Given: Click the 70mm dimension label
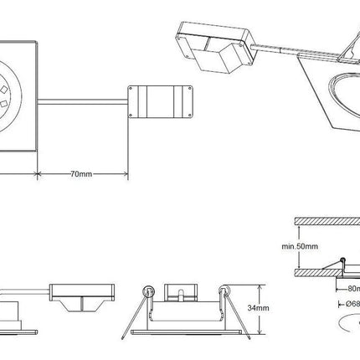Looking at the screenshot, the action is [x=81, y=174].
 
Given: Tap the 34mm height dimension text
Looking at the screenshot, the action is [x=258, y=308].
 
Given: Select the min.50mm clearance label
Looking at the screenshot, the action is [x=300, y=246].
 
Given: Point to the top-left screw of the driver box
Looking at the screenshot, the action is [x=131, y=89].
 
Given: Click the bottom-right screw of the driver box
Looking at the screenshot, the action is [x=190, y=115].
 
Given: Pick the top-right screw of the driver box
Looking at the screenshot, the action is [x=190, y=89].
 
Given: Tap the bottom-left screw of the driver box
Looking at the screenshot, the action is [x=131, y=115].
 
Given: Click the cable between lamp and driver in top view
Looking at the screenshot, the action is [x=83, y=102].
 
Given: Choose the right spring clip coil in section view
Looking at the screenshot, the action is [x=224, y=291].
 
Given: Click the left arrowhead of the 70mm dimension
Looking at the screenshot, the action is [x=39, y=174].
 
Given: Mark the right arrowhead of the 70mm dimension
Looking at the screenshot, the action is [x=126, y=174].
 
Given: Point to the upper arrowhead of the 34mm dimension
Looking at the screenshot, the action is [x=260, y=287].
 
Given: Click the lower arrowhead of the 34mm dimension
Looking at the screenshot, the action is [x=260, y=332].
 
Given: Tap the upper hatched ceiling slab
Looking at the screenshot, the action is [x=327, y=221].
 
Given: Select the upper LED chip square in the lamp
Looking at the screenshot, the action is [x=4, y=90].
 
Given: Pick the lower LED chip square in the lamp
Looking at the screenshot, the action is [x=3, y=105].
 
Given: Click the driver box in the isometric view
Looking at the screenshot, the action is [x=215, y=47].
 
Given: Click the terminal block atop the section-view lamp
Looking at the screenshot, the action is [x=181, y=293].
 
